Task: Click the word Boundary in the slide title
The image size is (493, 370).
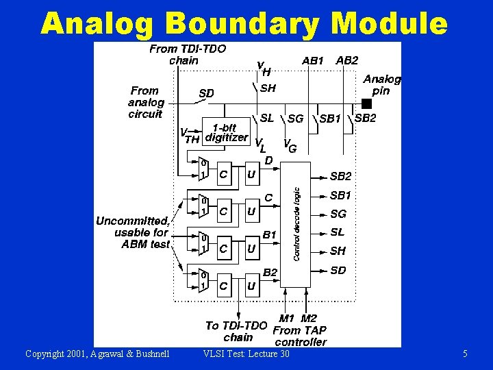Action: [x=241, y=24]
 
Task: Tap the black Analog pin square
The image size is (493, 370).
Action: [x=366, y=103]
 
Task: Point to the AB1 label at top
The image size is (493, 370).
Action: [x=313, y=60]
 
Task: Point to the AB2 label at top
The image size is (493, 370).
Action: [x=347, y=60]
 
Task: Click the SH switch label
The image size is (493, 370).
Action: [x=268, y=88]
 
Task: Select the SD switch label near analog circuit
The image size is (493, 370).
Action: [x=206, y=93]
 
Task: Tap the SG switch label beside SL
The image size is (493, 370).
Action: [x=296, y=119]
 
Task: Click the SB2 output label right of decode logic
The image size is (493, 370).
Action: [x=340, y=176]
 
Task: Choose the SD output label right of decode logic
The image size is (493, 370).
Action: [x=338, y=270]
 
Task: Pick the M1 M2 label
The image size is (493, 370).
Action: [x=299, y=318]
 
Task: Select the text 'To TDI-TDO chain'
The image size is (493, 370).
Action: [x=238, y=332]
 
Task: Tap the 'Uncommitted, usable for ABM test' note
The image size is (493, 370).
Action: [x=133, y=232]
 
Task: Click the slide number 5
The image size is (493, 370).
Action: [x=465, y=354]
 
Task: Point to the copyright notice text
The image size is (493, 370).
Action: [x=97, y=354]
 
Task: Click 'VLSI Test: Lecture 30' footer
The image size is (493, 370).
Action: [x=246, y=354]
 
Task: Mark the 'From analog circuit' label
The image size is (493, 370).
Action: [x=145, y=102]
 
